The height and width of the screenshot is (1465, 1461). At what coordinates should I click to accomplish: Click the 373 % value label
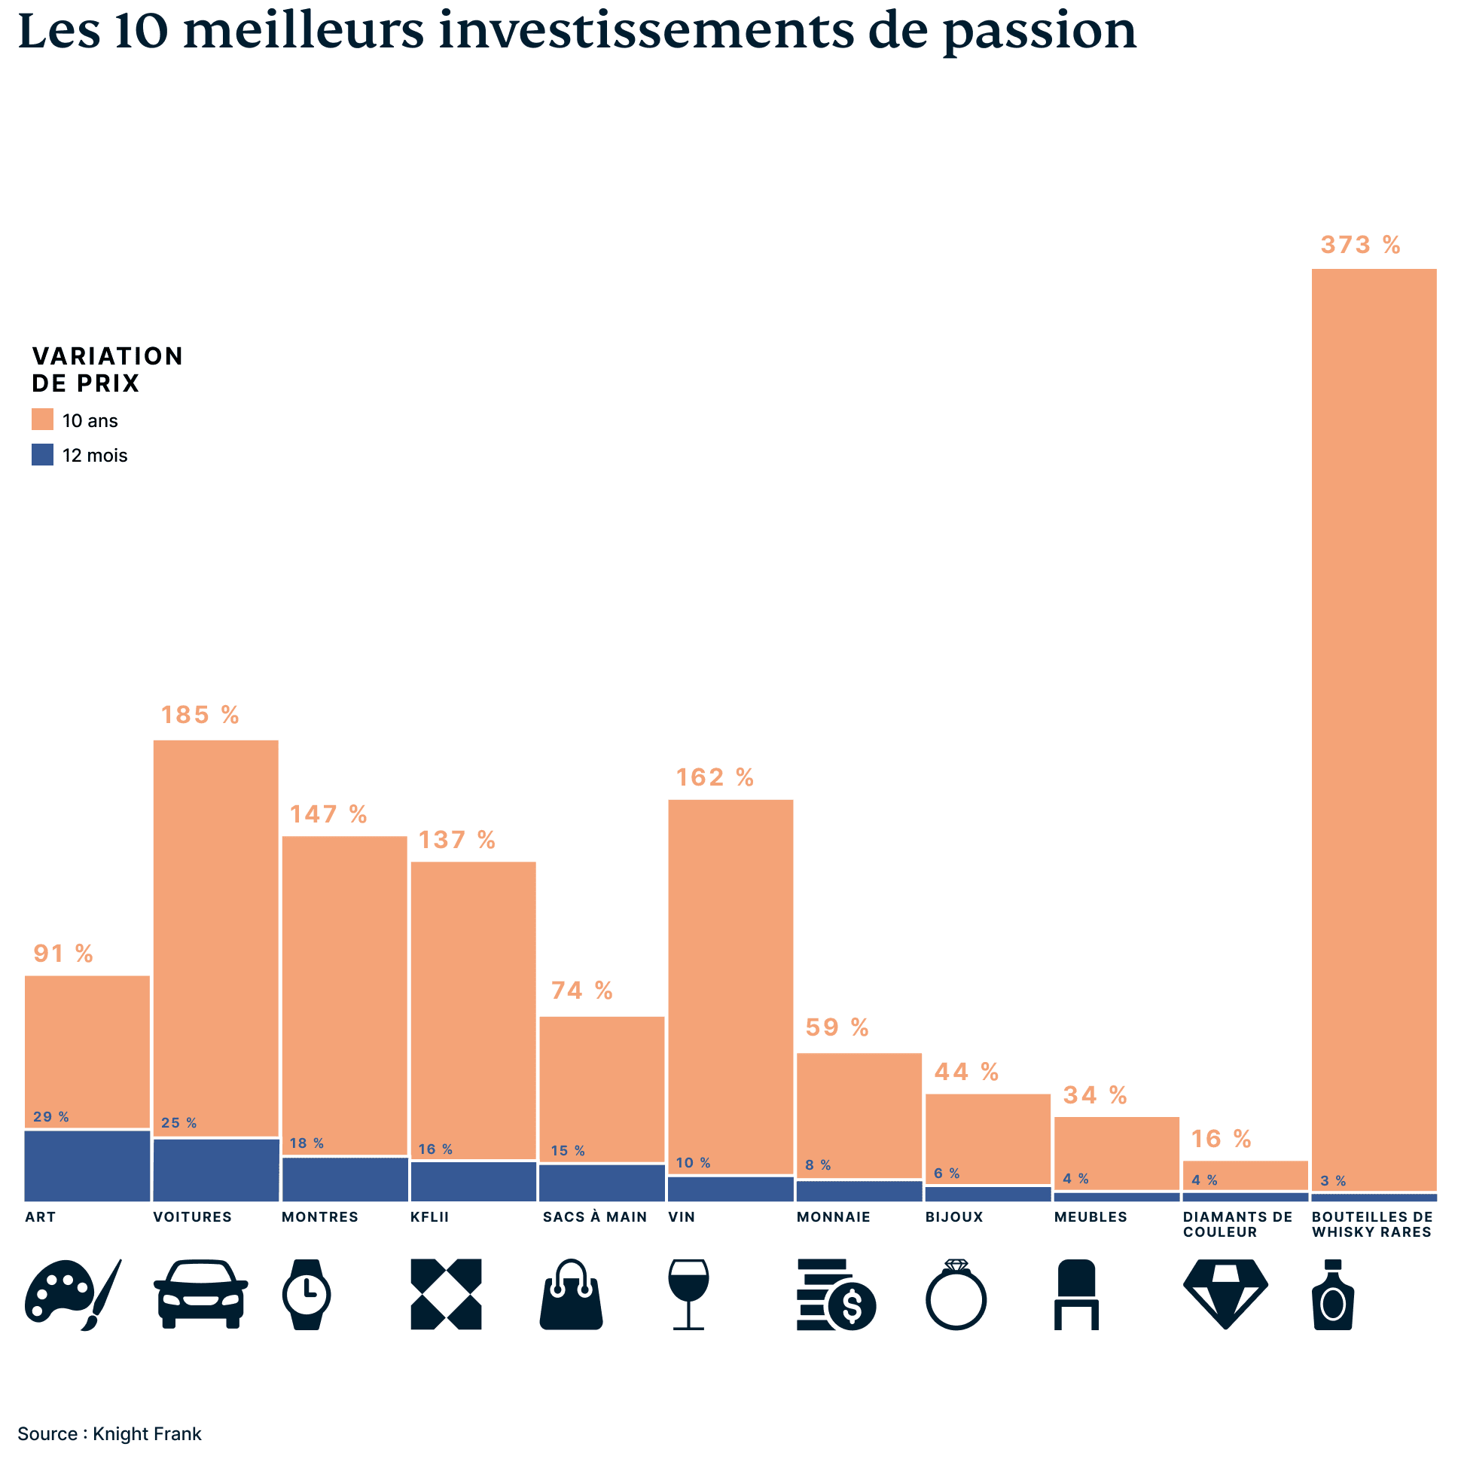[x=1359, y=245]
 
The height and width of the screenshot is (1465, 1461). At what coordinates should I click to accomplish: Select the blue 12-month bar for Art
[x=87, y=1165]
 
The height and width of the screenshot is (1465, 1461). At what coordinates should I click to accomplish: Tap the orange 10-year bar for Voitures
[x=215, y=937]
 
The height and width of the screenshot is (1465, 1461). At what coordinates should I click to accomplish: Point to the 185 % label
[x=200, y=715]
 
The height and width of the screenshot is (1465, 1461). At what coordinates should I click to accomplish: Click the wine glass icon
[x=688, y=1294]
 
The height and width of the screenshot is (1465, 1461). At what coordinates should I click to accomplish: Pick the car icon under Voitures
[x=200, y=1294]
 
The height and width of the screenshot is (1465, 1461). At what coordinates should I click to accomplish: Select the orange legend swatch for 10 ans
[x=42, y=420]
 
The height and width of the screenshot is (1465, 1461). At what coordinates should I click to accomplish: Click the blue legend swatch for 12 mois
[x=42, y=454]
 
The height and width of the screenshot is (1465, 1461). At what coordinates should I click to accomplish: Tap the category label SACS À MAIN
[x=594, y=1217]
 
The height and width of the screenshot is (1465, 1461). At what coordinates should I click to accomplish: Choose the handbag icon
[x=571, y=1294]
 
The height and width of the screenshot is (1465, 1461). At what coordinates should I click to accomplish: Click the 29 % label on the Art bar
[x=50, y=1117]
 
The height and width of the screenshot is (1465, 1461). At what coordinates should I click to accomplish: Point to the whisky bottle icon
[x=1332, y=1294]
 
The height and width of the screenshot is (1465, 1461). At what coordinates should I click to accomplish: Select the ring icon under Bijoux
[x=956, y=1294]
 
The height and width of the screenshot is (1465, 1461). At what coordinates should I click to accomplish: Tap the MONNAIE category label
[x=833, y=1217]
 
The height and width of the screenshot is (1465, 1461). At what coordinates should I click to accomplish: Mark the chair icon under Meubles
[x=1076, y=1294]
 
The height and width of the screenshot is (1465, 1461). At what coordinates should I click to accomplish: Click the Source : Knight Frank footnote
[x=109, y=1434]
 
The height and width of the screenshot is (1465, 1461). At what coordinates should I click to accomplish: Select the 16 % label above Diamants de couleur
[x=1221, y=1139]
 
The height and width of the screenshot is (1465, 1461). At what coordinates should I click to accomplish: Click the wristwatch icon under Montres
[x=307, y=1294]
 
